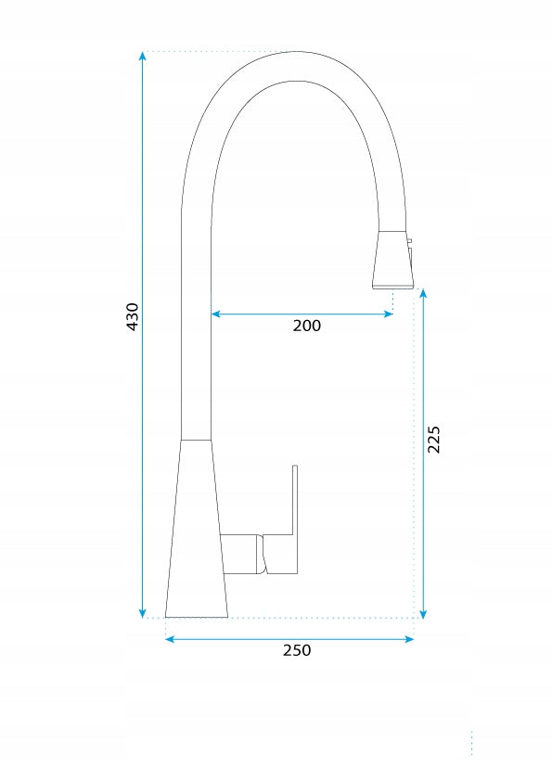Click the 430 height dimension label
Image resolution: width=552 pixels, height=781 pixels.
[133, 316]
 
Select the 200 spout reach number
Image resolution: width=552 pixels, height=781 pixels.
[307, 326]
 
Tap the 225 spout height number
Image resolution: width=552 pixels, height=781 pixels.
[434, 439]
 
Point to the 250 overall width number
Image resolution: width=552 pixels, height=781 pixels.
[297, 650]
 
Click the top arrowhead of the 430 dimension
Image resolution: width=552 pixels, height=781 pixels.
[143, 56]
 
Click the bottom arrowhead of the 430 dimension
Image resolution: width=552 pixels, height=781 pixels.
[143, 613]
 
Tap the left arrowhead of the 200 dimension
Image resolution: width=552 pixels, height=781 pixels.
[216, 314]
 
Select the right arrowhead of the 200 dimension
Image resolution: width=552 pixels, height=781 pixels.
[388, 314]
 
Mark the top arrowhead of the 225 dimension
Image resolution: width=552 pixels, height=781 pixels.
[423, 293]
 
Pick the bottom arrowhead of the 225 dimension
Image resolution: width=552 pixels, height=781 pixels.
[423, 614]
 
